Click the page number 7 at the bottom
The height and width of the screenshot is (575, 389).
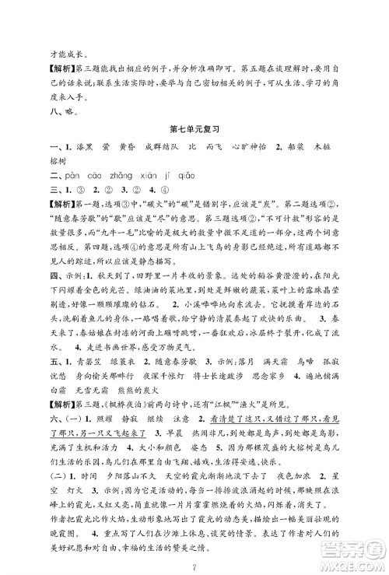(195, 562)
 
